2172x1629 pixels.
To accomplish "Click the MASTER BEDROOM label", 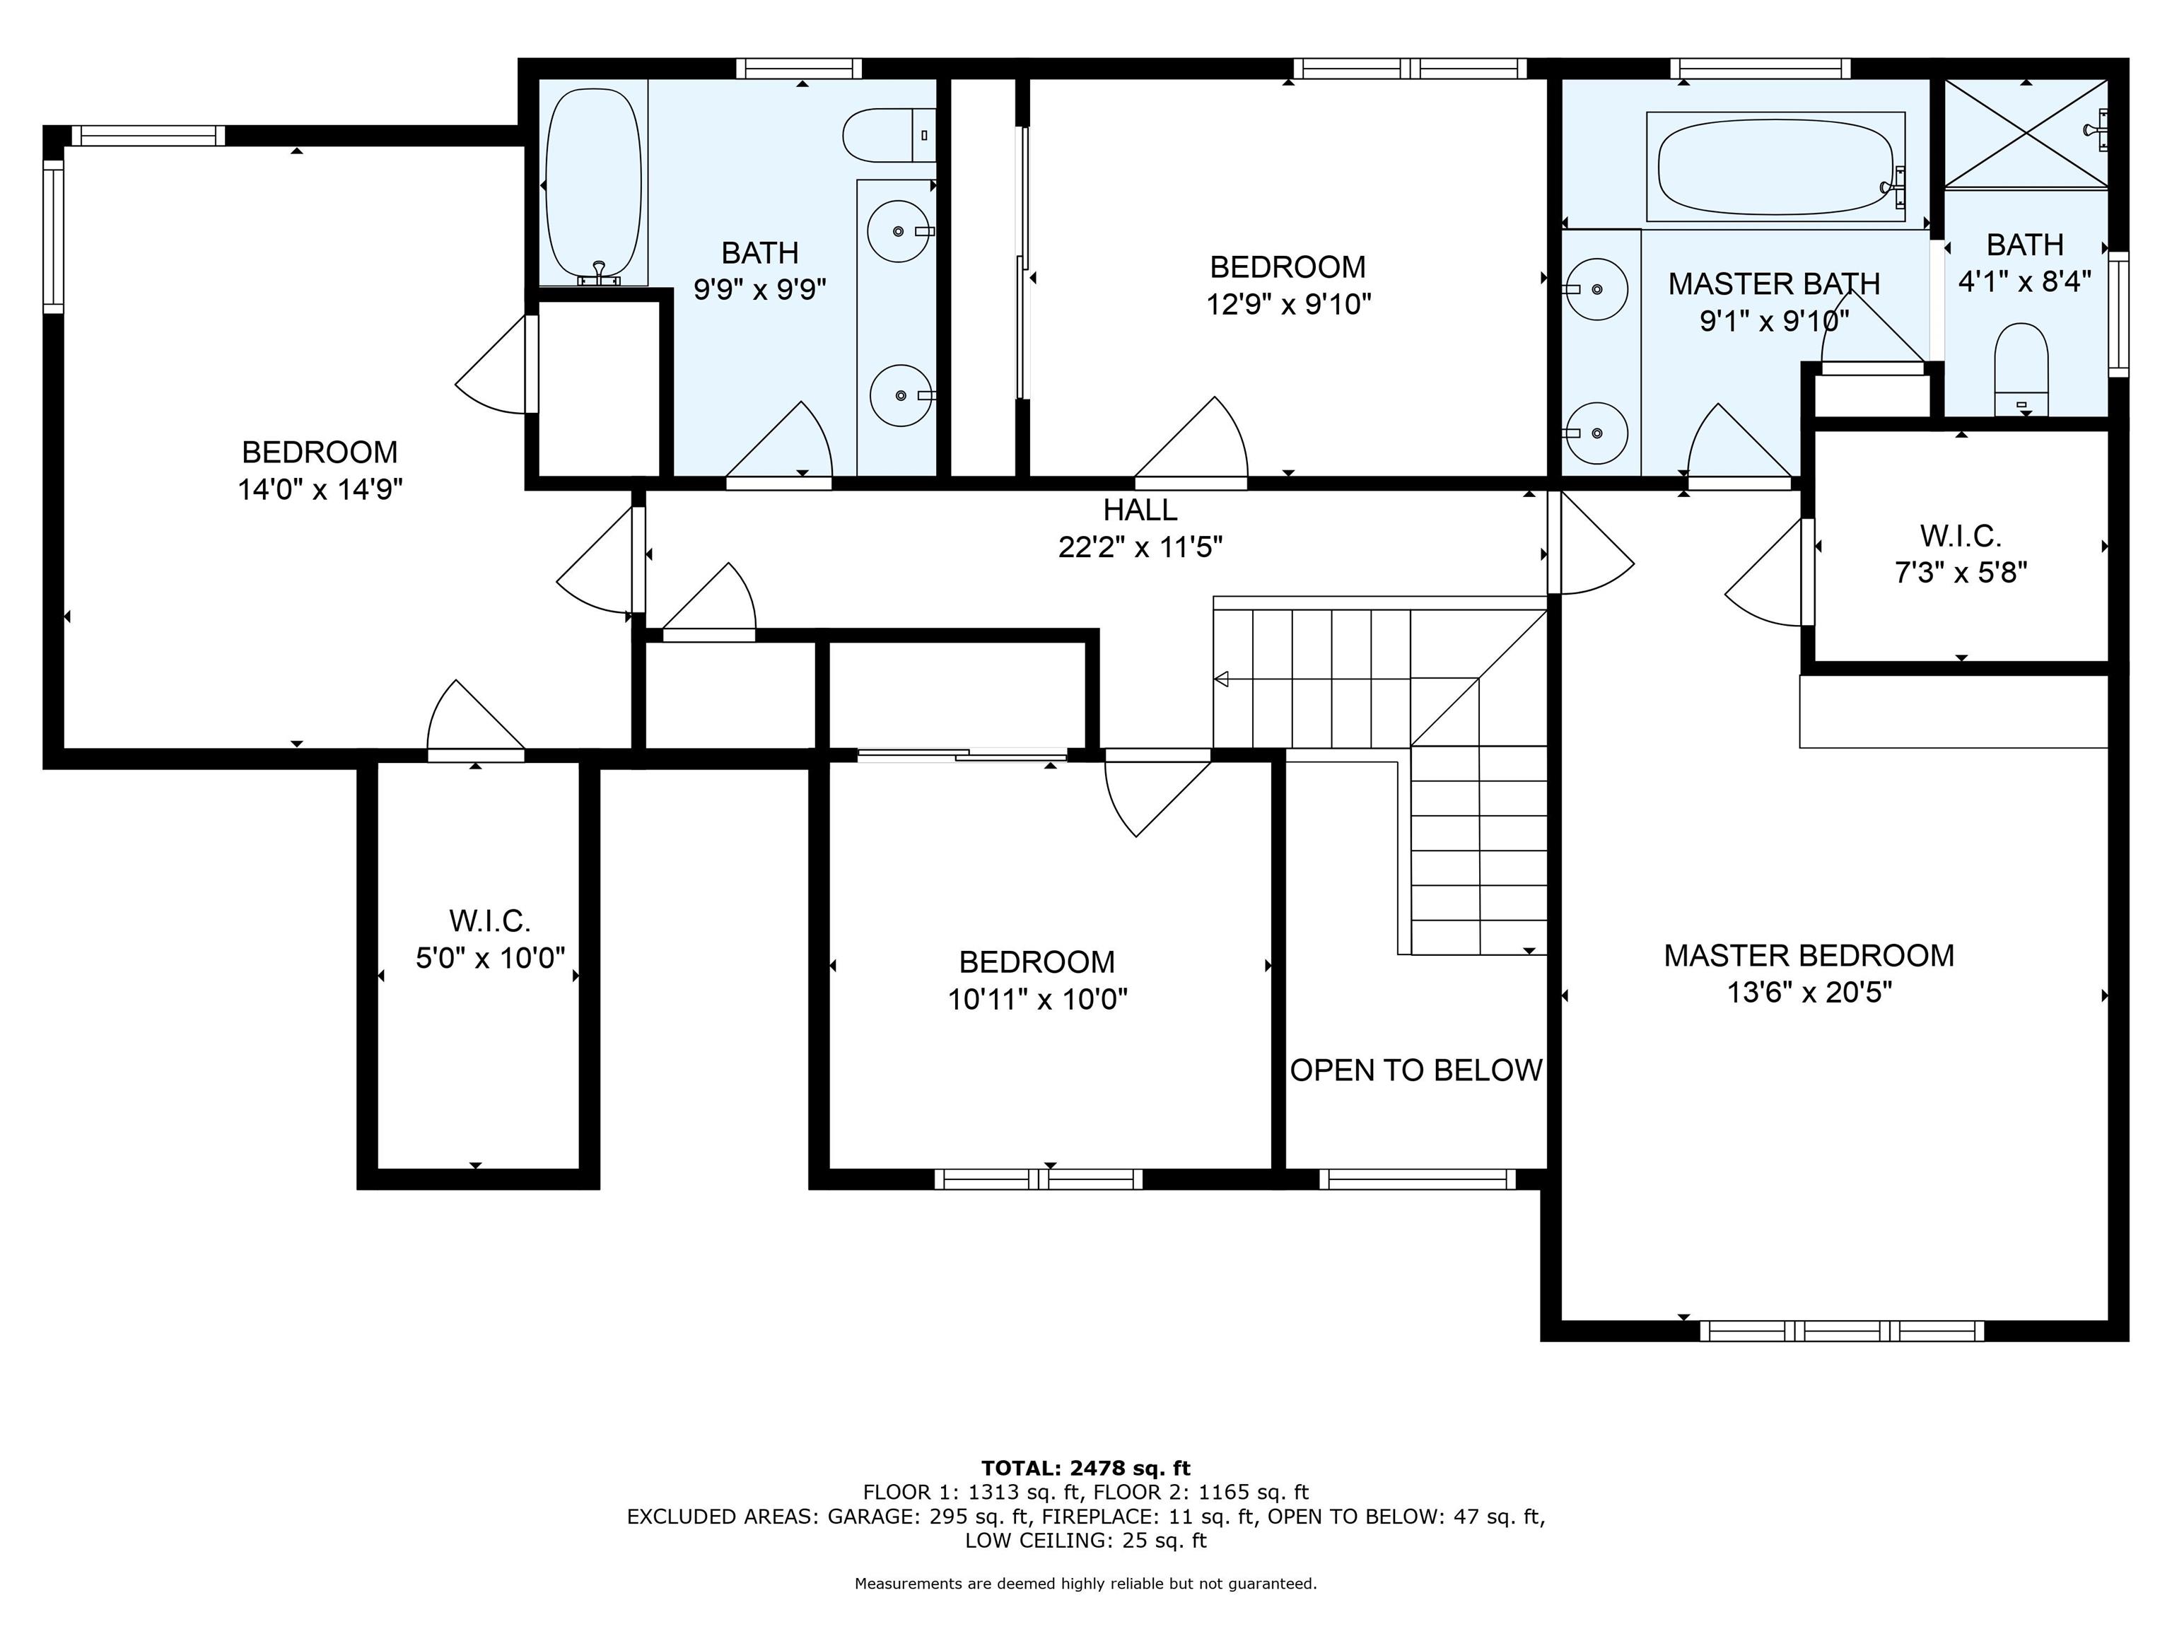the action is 1809,955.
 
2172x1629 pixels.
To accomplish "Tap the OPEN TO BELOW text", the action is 1416,1070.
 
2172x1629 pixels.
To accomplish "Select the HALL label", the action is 1140,510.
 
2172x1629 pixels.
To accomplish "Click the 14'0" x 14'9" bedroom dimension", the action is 320,489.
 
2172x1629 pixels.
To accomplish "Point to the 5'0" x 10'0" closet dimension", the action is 490,957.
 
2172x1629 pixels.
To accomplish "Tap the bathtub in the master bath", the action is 1775,167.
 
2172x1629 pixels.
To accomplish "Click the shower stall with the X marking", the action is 2026,132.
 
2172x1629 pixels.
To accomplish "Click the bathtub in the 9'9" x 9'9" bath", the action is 593,185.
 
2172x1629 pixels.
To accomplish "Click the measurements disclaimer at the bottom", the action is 1086,1584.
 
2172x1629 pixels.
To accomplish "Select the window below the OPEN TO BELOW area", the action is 1417,1179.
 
